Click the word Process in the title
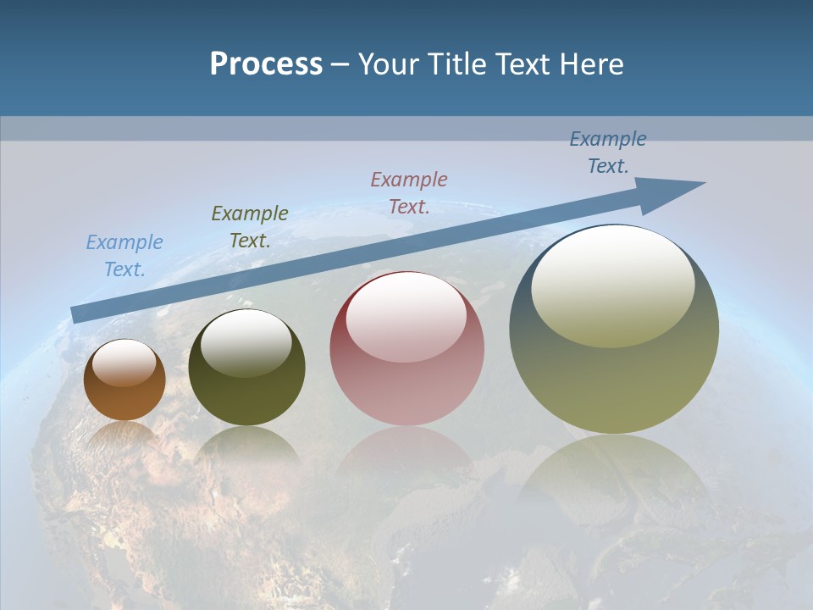click(x=266, y=64)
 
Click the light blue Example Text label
click(x=124, y=256)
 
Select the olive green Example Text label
click(x=250, y=227)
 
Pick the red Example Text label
click(x=409, y=193)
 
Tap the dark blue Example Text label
click(x=608, y=152)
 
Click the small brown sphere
click(x=124, y=398)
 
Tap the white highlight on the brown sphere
click(x=124, y=363)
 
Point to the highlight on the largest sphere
click(x=613, y=286)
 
